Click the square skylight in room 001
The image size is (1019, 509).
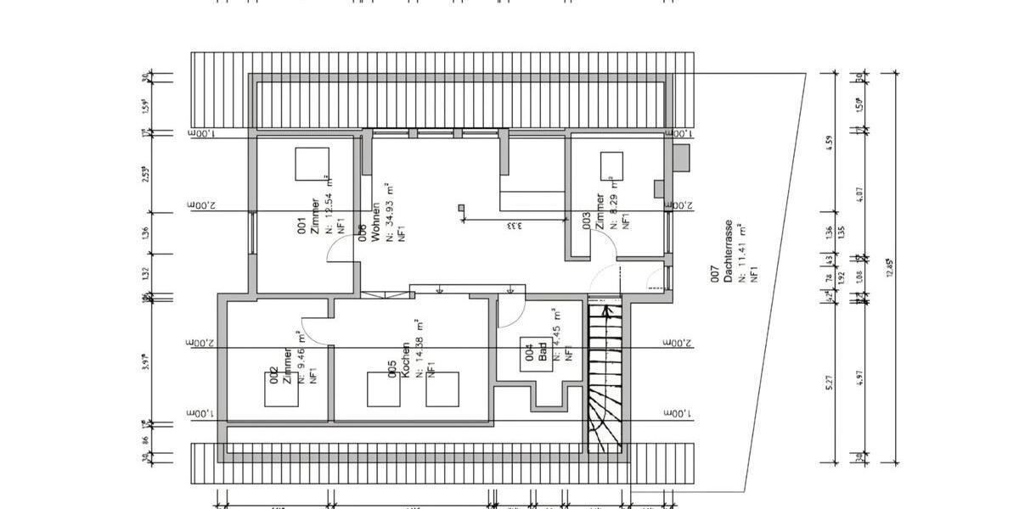pos(312,163)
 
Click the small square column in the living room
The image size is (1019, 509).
pos(461,206)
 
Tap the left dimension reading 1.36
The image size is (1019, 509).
pos(146,232)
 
